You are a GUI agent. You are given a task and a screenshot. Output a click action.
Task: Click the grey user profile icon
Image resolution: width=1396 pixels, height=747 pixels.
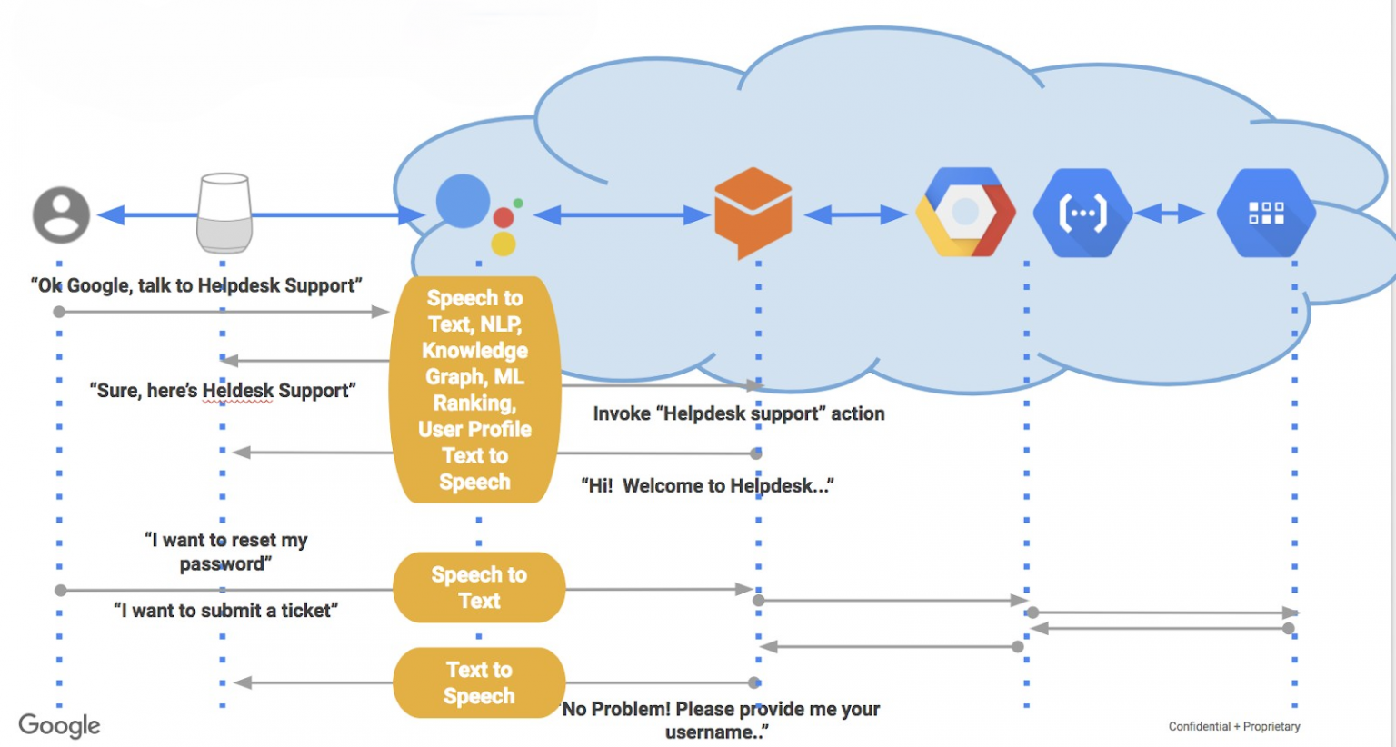tap(61, 215)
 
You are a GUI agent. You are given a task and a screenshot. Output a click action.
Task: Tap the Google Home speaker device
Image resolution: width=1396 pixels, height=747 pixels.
tap(224, 214)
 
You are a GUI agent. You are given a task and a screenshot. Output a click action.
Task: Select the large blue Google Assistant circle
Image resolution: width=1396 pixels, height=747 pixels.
tap(463, 202)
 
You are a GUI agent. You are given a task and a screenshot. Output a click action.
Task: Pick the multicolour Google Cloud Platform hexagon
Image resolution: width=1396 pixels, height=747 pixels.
tap(965, 213)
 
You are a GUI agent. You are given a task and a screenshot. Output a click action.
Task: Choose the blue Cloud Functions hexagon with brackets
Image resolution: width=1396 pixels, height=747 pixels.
tap(1082, 214)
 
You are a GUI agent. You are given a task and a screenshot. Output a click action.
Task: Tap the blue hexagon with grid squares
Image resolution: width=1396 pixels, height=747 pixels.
tap(1266, 214)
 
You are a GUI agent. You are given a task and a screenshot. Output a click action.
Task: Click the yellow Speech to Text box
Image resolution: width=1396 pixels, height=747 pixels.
tap(479, 588)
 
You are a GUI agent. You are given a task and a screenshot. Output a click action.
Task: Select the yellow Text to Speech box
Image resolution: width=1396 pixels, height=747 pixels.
tap(479, 682)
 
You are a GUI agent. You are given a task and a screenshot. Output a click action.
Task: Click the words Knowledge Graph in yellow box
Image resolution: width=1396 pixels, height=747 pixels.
tap(474, 364)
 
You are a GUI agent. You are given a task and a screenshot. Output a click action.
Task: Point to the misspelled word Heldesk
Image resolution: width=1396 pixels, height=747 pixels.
tap(237, 391)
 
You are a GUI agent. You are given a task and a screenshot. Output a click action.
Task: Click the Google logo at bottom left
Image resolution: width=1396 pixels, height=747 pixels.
tap(59, 725)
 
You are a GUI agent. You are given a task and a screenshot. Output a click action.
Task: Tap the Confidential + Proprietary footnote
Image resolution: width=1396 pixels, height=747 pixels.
tap(1233, 726)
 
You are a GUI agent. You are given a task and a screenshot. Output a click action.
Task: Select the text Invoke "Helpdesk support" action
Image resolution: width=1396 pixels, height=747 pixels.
tap(738, 414)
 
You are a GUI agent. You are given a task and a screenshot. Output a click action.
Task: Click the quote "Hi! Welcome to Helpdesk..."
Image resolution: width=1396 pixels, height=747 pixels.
tap(707, 486)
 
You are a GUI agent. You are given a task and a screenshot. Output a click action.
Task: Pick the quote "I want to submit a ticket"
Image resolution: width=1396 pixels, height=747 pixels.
tap(225, 611)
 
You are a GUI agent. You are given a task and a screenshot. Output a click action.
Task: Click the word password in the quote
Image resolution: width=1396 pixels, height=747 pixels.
tap(224, 564)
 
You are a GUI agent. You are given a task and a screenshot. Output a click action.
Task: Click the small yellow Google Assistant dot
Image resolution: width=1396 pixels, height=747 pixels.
tap(504, 244)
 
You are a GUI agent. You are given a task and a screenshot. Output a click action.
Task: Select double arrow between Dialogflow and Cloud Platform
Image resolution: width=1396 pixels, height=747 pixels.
tap(855, 215)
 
